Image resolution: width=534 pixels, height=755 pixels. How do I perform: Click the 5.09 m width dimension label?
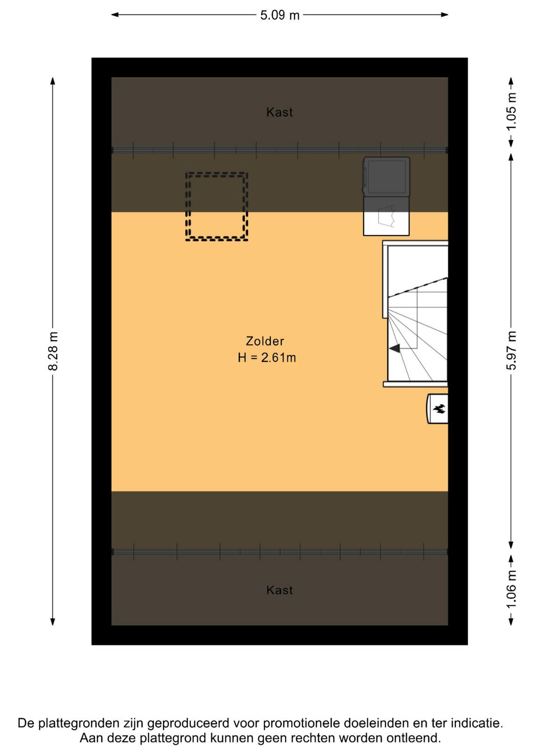[280, 15]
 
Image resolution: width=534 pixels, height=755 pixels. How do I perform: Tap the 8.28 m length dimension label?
[53, 351]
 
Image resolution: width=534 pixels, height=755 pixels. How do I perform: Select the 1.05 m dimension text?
[511, 111]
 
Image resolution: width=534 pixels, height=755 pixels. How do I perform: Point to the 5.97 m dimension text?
[511, 351]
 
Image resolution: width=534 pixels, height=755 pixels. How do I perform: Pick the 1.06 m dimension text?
[511, 589]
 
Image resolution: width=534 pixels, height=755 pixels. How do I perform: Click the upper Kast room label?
[279, 112]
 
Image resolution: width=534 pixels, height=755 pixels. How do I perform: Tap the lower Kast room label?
[279, 590]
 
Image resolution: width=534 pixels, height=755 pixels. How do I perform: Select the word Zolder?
[265, 341]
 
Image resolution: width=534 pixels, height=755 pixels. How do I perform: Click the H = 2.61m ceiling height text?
[267, 358]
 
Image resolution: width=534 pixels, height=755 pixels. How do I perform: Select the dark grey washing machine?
[386, 176]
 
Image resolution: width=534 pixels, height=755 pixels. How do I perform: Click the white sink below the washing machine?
[386, 216]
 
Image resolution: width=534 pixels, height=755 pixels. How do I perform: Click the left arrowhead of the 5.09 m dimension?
[115, 15]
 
